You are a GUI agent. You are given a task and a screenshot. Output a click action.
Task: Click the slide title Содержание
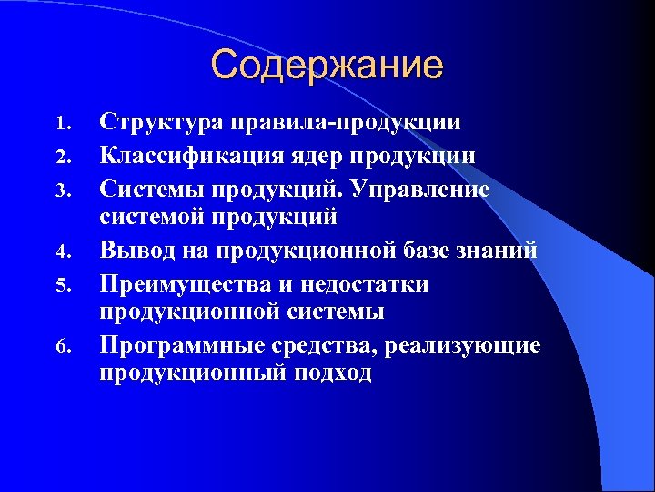(327, 66)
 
